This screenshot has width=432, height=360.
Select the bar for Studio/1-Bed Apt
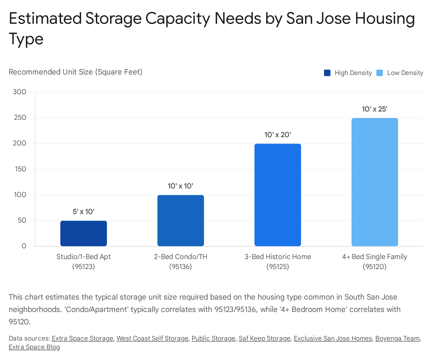(x=83, y=233)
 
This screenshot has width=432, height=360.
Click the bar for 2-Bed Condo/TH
(x=181, y=220)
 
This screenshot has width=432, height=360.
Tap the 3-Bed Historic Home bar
(x=278, y=195)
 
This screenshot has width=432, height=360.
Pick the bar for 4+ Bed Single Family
(x=374, y=182)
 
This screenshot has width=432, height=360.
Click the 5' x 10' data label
(x=83, y=212)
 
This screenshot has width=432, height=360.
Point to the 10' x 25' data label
(x=374, y=109)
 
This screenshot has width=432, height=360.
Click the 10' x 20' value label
(x=278, y=135)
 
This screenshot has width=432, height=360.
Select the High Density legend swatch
(x=327, y=73)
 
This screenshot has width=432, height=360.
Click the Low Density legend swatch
(x=380, y=73)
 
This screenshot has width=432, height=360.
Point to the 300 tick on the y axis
(x=20, y=92)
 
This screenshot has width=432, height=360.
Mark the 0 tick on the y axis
(x=24, y=246)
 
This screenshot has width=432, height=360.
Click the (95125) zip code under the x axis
(x=278, y=267)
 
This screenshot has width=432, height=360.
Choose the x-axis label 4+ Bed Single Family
(x=374, y=257)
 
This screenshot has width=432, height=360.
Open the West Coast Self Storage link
(x=152, y=338)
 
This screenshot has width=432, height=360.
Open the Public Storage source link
(x=213, y=338)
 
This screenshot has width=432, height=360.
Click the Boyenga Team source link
(x=397, y=338)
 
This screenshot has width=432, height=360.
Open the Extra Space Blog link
(x=34, y=347)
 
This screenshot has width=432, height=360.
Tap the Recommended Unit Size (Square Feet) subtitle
(x=75, y=72)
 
